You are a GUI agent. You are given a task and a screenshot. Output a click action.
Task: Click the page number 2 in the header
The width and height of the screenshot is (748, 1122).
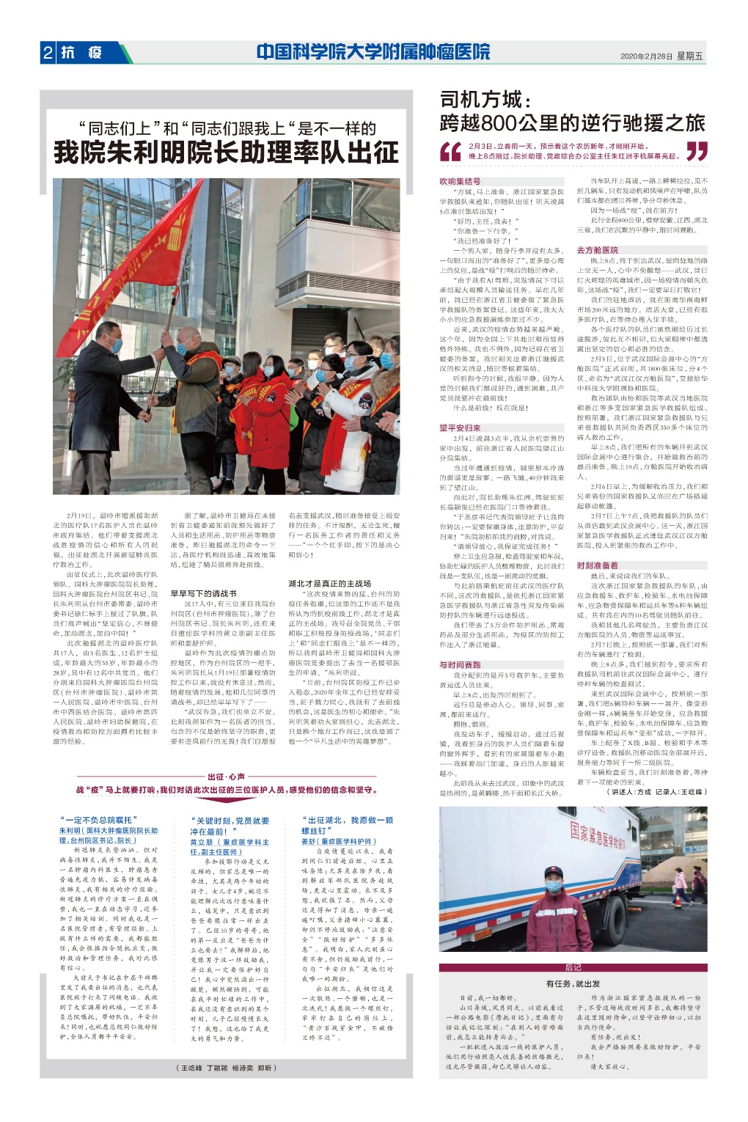coord(48,53)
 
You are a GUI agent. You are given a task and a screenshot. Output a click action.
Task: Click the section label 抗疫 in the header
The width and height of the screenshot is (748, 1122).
coord(82,53)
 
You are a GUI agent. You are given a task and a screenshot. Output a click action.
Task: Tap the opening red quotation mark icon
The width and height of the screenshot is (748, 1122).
coord(451,150)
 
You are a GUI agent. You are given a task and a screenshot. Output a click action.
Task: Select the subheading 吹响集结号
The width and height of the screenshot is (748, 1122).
coord(461,181)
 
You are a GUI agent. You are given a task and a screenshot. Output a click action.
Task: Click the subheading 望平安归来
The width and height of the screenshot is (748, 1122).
coord(461,428)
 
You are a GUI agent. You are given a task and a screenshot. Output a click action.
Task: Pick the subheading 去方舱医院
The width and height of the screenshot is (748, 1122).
coord(598,250)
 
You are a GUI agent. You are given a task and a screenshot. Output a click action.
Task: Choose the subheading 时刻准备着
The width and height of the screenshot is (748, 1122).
coord(598,565)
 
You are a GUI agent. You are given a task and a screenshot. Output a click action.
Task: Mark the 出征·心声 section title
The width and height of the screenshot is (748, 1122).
coord(226,777)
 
